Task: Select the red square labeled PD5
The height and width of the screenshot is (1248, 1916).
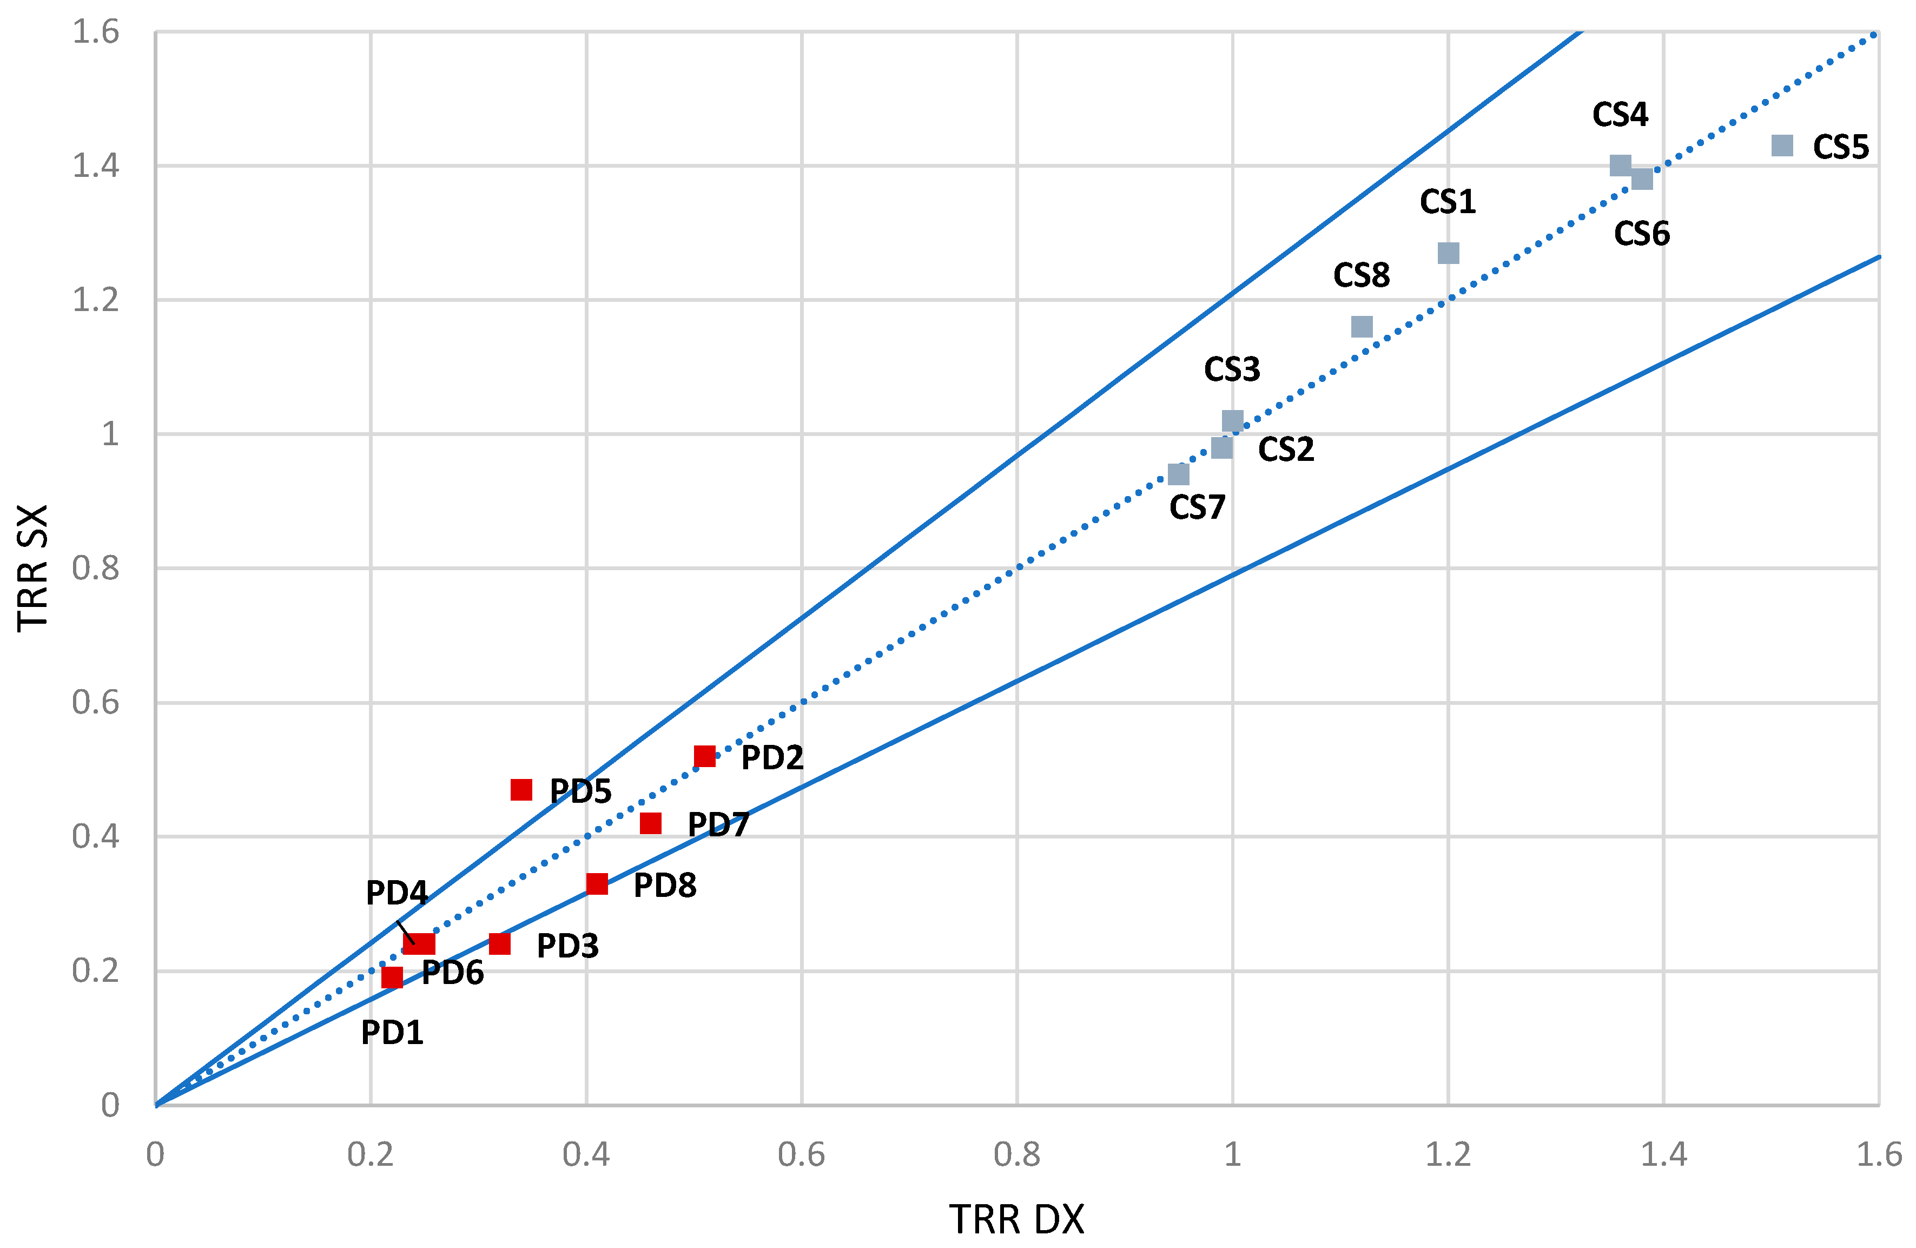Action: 521,790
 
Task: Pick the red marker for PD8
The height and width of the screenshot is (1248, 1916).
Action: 597,884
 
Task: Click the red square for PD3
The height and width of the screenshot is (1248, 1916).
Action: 500,943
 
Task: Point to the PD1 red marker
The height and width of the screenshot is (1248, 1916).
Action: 392,978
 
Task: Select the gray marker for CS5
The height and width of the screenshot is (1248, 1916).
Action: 1782,146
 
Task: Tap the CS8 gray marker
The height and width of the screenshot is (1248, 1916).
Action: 1362,327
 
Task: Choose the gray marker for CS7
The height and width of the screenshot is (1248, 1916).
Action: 1179,474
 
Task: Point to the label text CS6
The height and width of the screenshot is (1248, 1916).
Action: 1642,234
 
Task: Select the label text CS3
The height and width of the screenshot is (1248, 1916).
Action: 1232,369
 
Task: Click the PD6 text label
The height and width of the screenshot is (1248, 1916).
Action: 452,973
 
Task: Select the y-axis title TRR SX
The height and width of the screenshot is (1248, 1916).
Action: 34,567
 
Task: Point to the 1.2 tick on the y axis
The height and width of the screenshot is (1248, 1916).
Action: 96,300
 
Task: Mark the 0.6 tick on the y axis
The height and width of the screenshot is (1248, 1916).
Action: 96,703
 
